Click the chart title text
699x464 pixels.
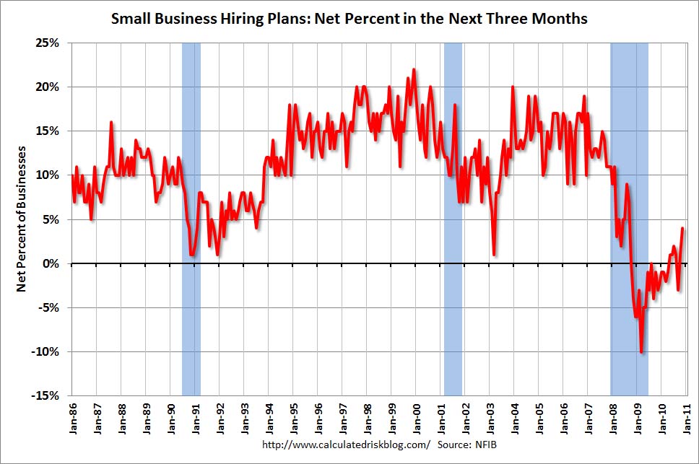pyautogui.click(x=349, y=18)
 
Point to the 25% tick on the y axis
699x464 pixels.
pyautogui.click(x=49, y=43)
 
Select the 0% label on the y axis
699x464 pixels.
pyautogui.click(x=52, y=263)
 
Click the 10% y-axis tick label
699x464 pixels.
pyautogui.click(x=49, y=175)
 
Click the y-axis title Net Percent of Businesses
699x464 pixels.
pyautogui.click(x=22, y=219)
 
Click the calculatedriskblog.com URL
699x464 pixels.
pyautogui.click(x=345, y=445)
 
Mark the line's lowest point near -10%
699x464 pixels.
pyautogui.click(x=641, y=352)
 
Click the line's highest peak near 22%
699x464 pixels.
pyautogui.click(x=413, y=70)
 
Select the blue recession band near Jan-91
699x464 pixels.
pyautogui.click(x=191, y=216)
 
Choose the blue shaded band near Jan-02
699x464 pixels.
pyautogui.click(x=453, y=216)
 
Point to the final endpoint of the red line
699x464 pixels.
pyautogui.click(x=682, y=229)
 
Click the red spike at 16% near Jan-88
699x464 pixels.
pyautogui.click(x=111, y=123)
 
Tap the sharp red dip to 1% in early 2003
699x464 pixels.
pyautogui.click(x=494, y=254)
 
